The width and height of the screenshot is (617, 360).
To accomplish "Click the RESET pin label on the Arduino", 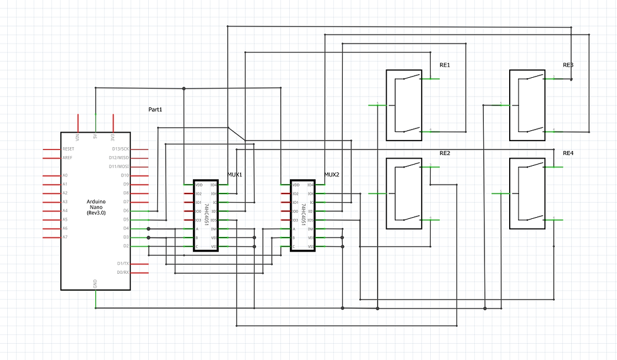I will [68, 148].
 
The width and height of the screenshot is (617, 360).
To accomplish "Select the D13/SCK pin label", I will [120, 148].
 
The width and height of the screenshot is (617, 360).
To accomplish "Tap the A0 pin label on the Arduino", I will [65, 175].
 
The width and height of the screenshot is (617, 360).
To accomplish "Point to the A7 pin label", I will [65, 238].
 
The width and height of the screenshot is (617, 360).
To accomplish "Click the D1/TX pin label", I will [122, 264].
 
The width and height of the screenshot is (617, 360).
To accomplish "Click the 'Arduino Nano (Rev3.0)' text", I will [96, 207].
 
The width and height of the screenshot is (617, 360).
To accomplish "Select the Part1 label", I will [155, 110].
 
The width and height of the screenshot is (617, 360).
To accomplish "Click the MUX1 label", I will [234, 174].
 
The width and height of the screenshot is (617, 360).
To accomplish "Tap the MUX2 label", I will [332, 174].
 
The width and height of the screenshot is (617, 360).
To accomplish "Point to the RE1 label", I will [445, 65].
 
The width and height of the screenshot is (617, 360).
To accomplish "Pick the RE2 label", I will [445, 153].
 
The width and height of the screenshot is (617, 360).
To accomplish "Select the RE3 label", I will [568, 65].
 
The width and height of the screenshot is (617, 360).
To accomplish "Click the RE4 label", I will [568, 153].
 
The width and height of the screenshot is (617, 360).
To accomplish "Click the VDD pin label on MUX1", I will [199, 185].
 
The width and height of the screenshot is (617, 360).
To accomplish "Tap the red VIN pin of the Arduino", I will [78, 122].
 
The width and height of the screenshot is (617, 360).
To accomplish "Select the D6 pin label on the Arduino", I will [125, 211].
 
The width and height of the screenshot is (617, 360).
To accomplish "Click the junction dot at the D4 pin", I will [148, 229].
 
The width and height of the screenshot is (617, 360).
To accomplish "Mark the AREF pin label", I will [67, 157].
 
